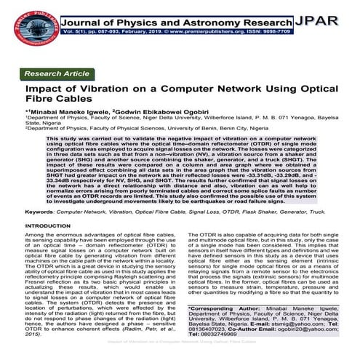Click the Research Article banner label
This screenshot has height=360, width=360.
click(57, 74)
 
